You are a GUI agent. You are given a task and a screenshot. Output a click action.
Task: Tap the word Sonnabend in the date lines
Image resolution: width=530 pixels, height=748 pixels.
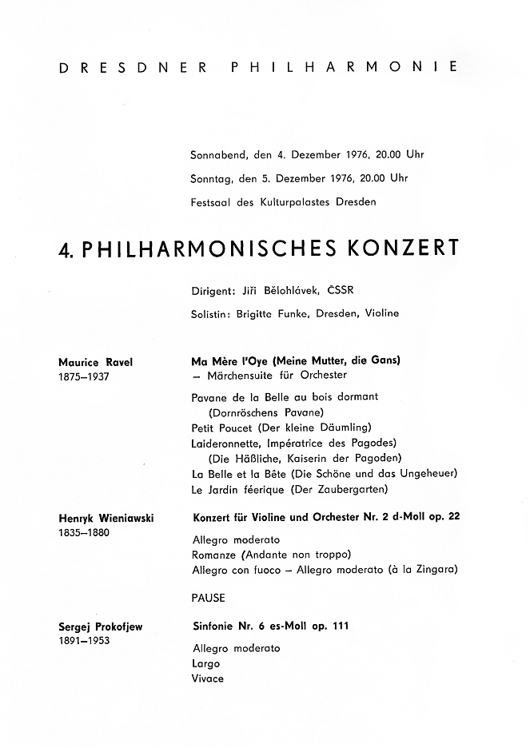pyautogui.click(x=218, y=153)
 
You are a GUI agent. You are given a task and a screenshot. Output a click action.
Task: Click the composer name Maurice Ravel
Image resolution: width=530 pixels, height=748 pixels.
pyautogui.click(x=96, y=362)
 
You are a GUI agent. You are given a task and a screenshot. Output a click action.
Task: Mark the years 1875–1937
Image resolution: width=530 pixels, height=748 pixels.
pyautogui.click(x=85, y=376)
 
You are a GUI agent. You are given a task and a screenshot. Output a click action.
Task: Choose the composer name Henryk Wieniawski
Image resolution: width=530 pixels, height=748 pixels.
pyautogui.click(x=107, y=519)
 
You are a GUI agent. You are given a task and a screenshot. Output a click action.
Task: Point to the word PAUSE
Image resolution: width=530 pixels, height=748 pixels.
pyautogui.click(x=208, y=598)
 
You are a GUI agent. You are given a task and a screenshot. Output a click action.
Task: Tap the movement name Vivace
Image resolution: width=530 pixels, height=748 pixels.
pyautogui.click(x=207, y=678)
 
